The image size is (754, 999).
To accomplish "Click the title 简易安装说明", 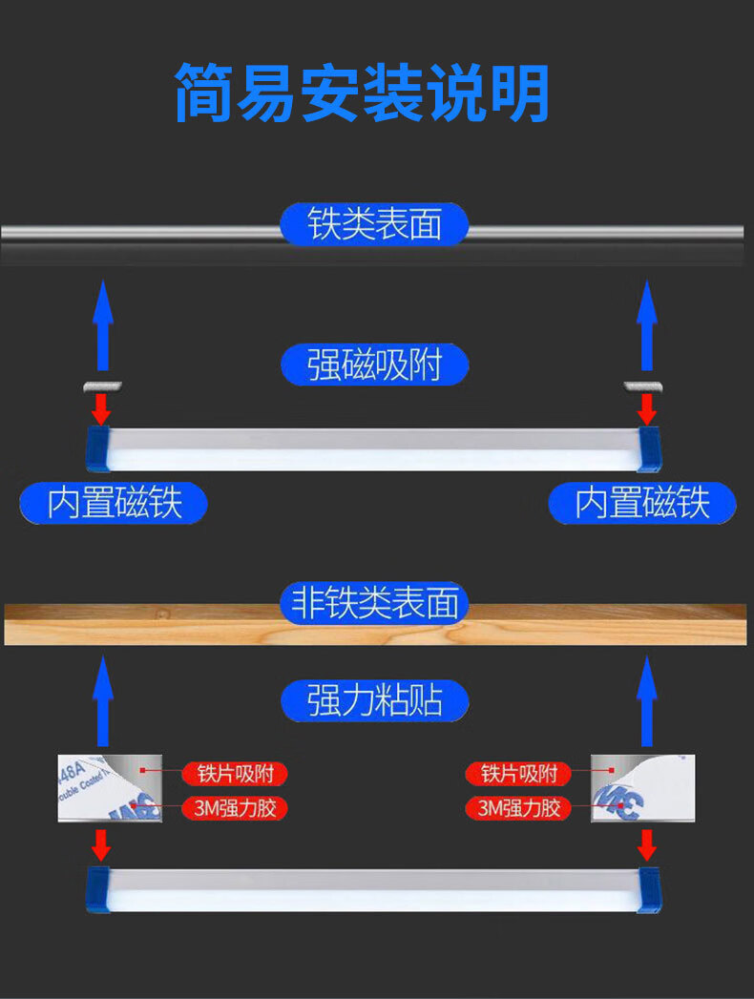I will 362,93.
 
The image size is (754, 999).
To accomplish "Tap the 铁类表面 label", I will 375,225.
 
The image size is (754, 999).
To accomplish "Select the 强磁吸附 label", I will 375,364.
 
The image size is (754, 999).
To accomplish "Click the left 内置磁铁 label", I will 114,503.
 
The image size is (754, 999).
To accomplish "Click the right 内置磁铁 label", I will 642,503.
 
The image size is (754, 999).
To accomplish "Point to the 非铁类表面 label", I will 375,604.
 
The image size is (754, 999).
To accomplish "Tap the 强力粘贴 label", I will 375,701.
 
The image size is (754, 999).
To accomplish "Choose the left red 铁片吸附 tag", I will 235,773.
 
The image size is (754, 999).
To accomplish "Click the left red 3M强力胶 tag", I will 235,809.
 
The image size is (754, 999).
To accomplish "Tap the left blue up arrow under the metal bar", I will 103,326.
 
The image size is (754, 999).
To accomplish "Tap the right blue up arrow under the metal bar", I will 647,326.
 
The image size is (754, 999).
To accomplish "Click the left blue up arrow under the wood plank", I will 103,701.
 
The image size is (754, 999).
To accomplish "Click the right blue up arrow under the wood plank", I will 647,701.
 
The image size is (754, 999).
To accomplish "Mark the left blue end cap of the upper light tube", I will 99,448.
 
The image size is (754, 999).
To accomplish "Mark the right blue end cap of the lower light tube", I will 649,889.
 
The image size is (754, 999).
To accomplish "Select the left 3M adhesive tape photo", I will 100,788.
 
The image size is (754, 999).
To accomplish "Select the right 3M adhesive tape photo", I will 642,788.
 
